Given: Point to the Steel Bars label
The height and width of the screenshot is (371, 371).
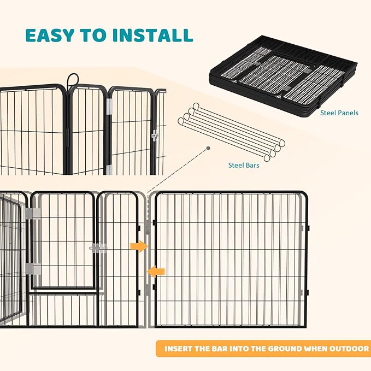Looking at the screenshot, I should pos(244,164).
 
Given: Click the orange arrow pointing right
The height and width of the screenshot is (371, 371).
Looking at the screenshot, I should pos(140,246).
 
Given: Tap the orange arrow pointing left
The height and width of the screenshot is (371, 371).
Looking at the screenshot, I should pos(156,270).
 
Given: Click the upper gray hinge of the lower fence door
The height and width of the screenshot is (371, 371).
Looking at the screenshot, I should pos(32,213).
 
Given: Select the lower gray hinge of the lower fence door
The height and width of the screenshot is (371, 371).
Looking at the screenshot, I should pos(32,268).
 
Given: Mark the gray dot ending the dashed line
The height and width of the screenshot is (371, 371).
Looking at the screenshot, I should pos(208,148).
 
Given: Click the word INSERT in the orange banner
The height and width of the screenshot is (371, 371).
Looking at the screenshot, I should pos(182,349).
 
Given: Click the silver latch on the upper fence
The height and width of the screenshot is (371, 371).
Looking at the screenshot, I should pos(155,136).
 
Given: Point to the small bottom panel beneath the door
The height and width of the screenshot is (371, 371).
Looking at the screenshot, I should pos(62,309).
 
